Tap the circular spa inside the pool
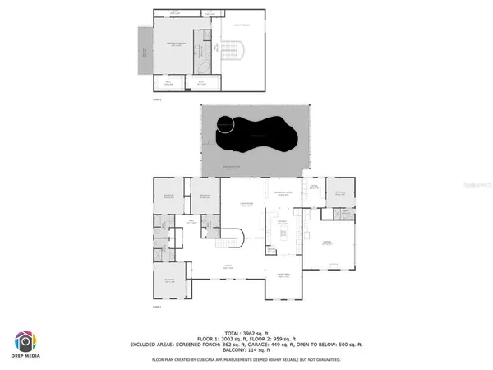(223, 125)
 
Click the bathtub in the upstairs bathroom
(201, 65)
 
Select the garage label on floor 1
(326, 243)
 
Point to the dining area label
(284, 275)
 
